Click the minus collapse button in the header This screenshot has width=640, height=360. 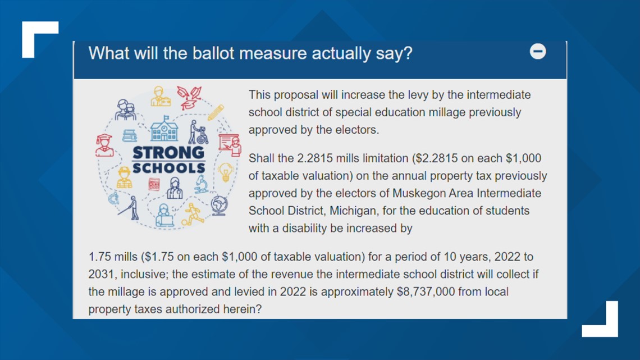tap(538, 52)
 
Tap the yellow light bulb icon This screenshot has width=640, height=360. tap(225, 172)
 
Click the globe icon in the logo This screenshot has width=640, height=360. tap(219, 206)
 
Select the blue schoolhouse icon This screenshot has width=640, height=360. tap(164, 129)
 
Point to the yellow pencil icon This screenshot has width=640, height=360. tap(216, 113)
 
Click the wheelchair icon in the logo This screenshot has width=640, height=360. tap(198, 132)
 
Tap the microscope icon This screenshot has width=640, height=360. tap(201, 184)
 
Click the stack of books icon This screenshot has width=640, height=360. tap(130, 135)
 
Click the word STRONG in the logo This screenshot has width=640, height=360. tap(168, 152)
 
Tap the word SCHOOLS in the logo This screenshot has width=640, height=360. tap(168, 168)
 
